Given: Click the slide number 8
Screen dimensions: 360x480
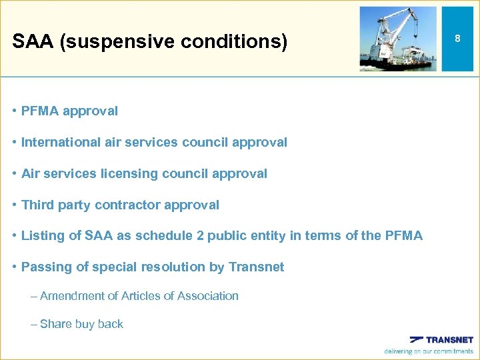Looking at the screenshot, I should pos(457,39).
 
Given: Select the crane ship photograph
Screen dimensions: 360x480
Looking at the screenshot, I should pos(398,39).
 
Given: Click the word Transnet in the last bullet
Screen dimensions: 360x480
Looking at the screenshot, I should pos(256,267).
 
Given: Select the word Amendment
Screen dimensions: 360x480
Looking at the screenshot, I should pos(79,296).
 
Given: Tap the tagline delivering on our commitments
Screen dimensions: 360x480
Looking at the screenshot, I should pos(429,351).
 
